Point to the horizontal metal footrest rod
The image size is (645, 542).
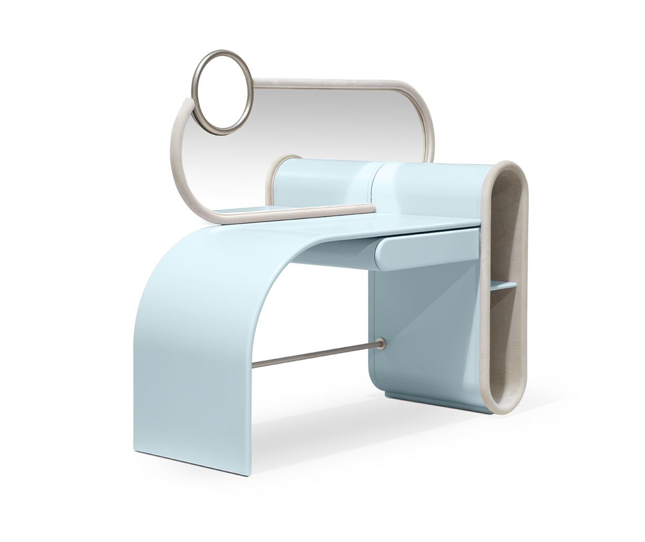316,355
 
